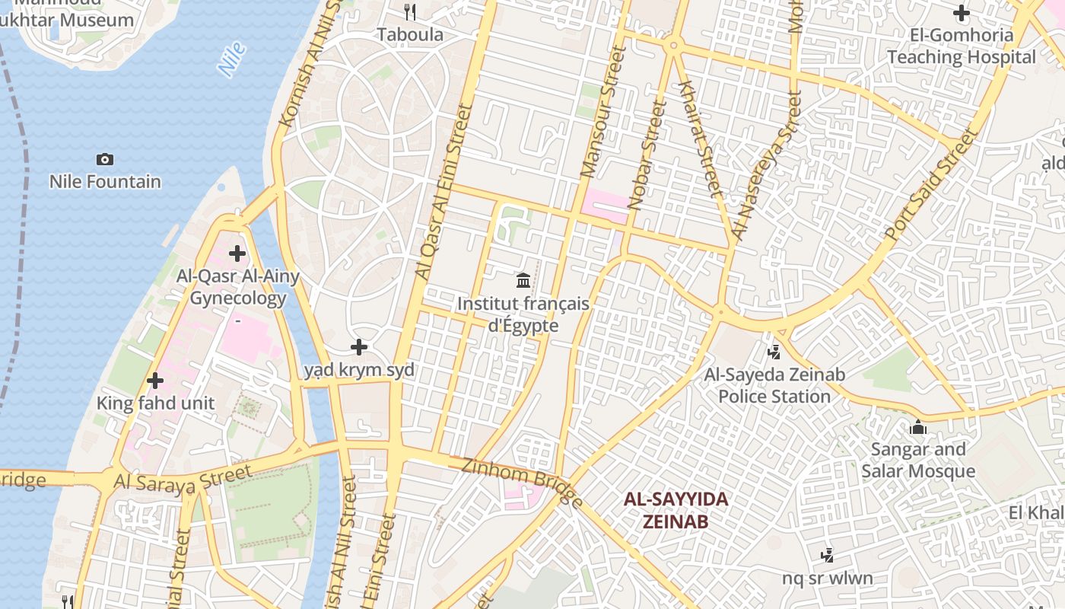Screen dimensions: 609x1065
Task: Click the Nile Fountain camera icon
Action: tap(105, 159)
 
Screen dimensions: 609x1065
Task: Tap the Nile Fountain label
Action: tap(105, 182)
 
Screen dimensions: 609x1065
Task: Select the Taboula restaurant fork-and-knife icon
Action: tap(410, 11)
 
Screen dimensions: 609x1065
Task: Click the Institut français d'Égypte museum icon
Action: tap(523, 281)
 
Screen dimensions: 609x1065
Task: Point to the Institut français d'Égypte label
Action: tap(523, 314)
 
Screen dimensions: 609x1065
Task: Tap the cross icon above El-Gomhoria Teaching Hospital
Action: tap(962, 13)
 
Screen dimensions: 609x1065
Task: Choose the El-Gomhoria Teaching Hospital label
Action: tap(962, 46)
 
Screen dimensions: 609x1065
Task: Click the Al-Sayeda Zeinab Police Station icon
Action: tap(774, 352)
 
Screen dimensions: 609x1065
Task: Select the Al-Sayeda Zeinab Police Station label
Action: tap(774, 385)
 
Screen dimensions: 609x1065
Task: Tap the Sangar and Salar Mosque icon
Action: tap(918, 427)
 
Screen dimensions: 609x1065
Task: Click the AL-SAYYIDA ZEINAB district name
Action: tap(676, 510)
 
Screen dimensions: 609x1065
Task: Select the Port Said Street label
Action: tap(932, 185)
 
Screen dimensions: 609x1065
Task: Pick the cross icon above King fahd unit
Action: tap(155, 381)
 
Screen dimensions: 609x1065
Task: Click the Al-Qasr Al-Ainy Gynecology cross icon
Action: tap(237, 253)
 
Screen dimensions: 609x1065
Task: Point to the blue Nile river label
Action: tap(232, 59)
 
